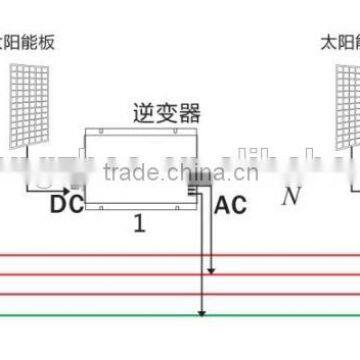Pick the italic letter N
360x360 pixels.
point(291,195)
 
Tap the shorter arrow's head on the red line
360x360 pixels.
point(210,272)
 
